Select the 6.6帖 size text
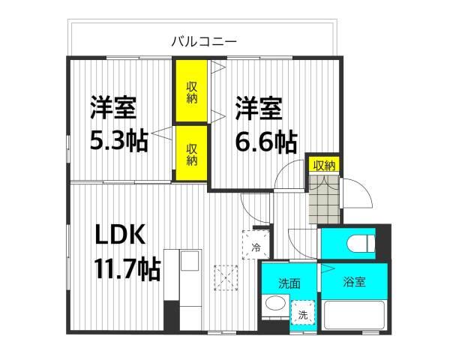(x=264, y=140)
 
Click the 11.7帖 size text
(x=127, y=268)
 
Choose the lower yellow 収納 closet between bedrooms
(x=192, y=153)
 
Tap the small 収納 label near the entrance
(x=323, y=165)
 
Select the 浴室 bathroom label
(x=355, y=283)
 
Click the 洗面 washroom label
(x=289, y=283)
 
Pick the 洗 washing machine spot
(x=301, y=314)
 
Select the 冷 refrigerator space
(x=255, y=244)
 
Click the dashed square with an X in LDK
(x=223, y=277)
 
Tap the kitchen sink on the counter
(x=189, y=262)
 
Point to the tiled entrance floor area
(x=324, y=196)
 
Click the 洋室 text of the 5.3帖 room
(x=113, y=108)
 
